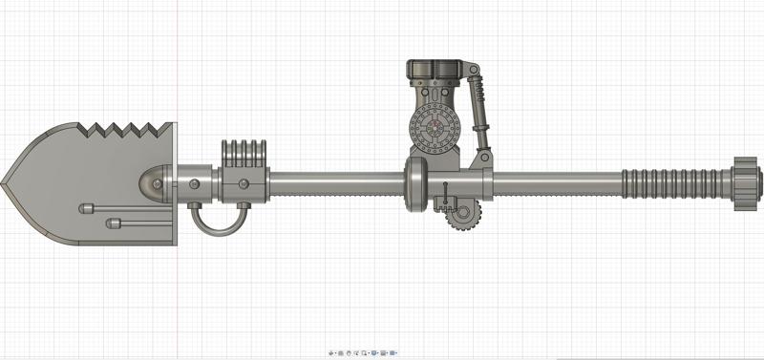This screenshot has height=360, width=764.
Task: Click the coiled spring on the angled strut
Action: tap(481, 100)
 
